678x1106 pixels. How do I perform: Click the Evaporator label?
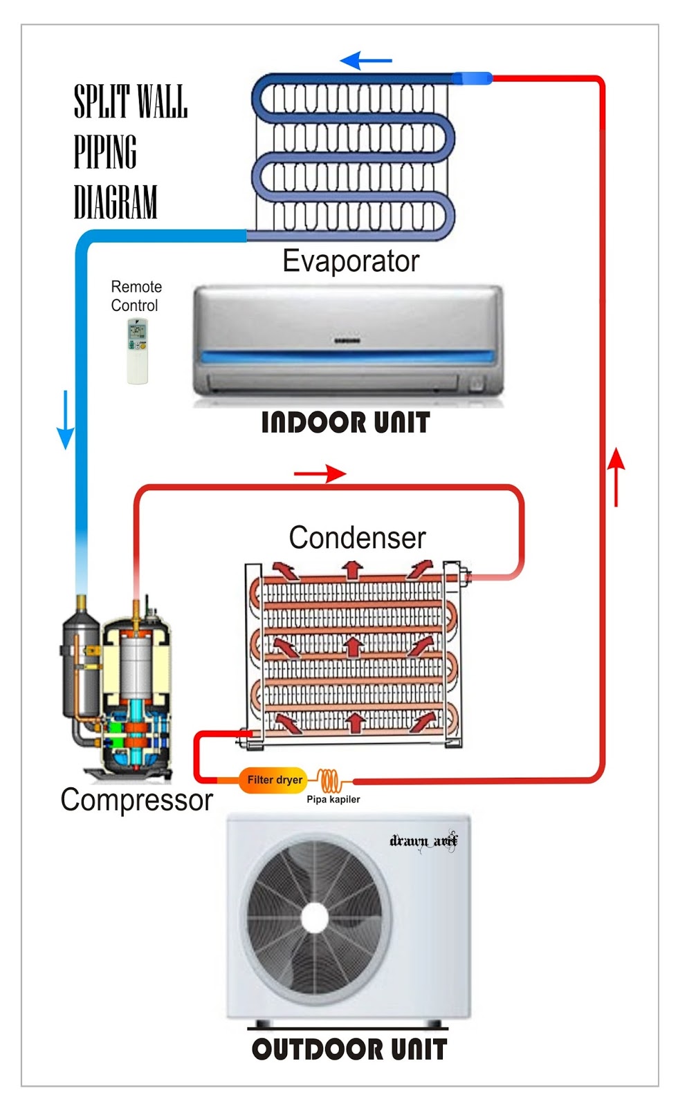coord(351,261)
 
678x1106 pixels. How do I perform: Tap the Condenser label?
coord(357,538)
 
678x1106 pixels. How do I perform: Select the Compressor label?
coord(136,800)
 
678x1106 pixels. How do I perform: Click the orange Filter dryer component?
coord(273,780)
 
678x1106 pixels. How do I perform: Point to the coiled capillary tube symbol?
coord(331,780)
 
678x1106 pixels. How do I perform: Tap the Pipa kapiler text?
coord(333,799)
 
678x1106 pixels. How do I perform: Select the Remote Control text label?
coord(136,296)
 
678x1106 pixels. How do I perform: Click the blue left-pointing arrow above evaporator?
coord(366,61)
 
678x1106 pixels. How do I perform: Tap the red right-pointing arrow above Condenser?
coord(320,474)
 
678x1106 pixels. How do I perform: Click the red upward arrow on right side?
coord(616,476)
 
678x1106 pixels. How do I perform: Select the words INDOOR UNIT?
coord(345,422)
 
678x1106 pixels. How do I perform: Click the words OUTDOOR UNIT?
coord(349,1049)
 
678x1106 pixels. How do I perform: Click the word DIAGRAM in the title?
coord(116,202)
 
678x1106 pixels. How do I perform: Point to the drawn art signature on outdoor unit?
coord(423,841)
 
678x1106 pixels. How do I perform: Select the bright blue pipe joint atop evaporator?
coord(472,78)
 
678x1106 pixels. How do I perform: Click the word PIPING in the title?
coord(105,152)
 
